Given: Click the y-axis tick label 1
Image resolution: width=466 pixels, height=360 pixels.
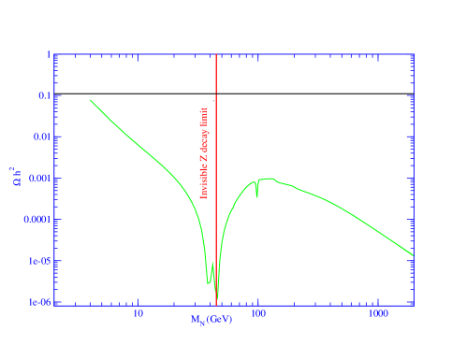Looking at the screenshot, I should point(48,54).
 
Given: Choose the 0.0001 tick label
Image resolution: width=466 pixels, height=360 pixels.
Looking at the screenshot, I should point(37,220).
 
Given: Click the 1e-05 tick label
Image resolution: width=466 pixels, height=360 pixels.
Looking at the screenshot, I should point(40,261).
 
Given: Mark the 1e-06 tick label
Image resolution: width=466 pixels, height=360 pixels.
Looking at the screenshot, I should point(40,302).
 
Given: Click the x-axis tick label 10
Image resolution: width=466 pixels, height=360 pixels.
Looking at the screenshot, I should point(138,313).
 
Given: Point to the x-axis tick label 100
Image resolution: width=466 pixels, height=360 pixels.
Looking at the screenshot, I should point(258,313).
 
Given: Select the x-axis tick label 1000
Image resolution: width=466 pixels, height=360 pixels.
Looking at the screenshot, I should point(378,313).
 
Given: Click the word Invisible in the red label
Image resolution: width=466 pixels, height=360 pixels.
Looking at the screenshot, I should point(204,183).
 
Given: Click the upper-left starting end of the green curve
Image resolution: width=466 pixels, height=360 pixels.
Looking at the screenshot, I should point(91,100).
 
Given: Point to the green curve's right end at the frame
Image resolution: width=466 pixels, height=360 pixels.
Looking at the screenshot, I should point(413,255).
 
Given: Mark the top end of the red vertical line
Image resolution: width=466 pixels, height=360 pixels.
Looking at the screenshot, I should point(216,55).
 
